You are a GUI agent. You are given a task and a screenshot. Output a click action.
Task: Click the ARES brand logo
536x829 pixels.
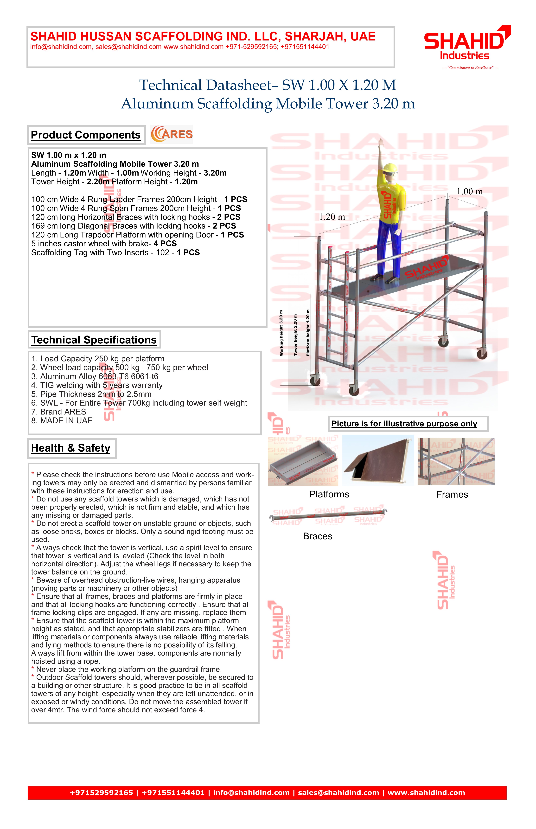click(x=172, y=134)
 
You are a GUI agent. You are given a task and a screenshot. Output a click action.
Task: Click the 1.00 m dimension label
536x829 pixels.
click(x=470, y=192)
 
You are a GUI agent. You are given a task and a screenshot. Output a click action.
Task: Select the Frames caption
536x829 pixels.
click(x=452, y=495)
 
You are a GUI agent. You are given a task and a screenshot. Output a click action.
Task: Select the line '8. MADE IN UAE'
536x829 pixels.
click(x=62, y=421)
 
